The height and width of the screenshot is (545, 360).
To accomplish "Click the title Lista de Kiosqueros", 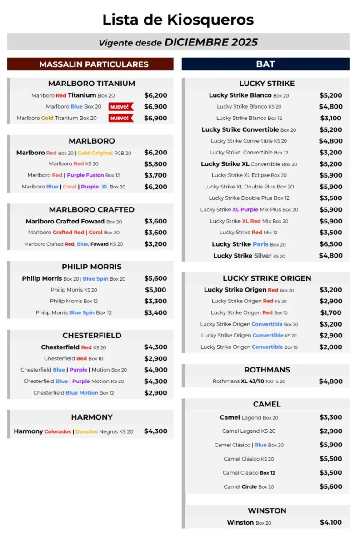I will [178, 20].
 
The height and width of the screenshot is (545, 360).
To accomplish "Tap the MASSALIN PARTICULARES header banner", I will [90, 64].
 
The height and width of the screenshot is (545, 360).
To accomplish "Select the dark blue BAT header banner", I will [265, 64].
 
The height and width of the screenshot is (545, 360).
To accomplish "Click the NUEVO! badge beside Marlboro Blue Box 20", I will [121, 107].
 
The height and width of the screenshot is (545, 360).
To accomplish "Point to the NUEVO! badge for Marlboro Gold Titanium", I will [121, 118].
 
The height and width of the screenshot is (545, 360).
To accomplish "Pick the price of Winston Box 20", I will [330, 522].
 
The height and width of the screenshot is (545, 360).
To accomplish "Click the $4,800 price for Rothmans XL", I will [330, 381].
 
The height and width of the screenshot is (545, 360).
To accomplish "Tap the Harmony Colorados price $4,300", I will [155, 431].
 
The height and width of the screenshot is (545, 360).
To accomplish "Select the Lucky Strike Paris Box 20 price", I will [330, 244].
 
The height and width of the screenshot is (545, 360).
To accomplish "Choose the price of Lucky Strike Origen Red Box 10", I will [330, 312].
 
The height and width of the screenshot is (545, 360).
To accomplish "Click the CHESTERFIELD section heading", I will [92, 336].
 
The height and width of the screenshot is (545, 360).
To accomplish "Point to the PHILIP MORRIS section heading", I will [92, 267].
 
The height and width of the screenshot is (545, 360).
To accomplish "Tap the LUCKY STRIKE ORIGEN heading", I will [267, 278].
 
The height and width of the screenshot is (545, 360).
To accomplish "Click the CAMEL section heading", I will [267, 404].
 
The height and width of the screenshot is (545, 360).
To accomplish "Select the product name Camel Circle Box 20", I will [249, 486].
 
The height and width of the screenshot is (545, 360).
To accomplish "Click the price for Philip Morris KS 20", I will [155, 290].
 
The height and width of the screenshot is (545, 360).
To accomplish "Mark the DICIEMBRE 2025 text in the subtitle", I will [211, 42].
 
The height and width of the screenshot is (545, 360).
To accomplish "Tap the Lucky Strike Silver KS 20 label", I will [249, 256].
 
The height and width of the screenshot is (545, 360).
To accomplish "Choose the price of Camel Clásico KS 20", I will [330, 459].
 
